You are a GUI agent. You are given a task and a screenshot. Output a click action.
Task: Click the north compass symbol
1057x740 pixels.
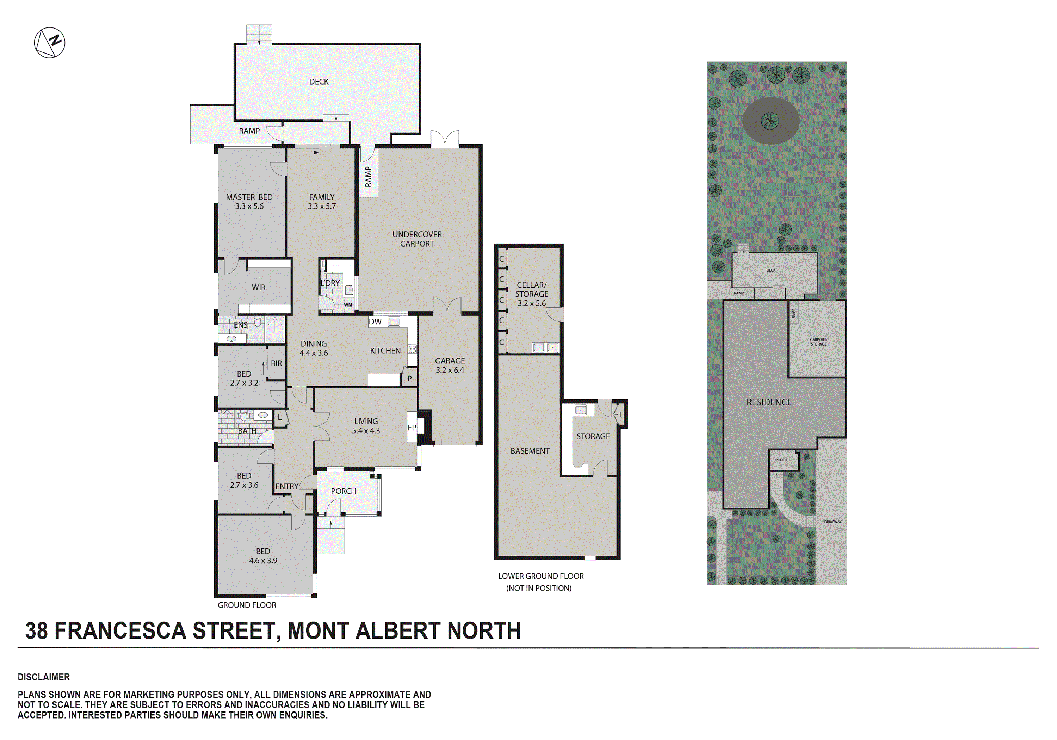(50, 43)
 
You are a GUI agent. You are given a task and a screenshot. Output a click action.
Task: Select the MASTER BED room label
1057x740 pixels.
(249, 201)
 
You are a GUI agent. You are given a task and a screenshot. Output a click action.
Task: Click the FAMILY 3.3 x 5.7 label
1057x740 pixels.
(322, 201)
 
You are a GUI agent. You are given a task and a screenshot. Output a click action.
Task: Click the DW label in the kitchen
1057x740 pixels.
(375, 322)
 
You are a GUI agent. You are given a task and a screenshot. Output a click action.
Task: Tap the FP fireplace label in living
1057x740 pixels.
(412, 428)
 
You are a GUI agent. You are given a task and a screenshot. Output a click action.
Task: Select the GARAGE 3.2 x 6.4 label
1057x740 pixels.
(450, 365)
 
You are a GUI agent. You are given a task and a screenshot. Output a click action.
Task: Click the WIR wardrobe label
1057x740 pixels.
(258, 287)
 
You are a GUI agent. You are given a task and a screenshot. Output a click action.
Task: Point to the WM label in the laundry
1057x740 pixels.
(348, 305)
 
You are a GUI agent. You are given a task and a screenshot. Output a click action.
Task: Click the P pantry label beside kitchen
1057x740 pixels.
(409, 379)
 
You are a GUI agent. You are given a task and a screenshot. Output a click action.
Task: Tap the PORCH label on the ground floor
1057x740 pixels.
(344, 491)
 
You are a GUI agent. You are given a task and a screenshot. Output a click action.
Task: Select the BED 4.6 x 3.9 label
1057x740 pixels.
(263, 555)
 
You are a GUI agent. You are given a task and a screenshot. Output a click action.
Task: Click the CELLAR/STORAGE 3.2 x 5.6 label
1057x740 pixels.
(531, 294)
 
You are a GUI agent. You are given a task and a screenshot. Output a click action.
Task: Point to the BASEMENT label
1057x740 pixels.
(530, 451)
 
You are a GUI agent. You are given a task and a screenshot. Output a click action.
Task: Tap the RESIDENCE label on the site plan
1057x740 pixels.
(769, 402)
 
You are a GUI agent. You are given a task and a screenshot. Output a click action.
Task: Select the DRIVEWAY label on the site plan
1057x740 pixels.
(832, 522)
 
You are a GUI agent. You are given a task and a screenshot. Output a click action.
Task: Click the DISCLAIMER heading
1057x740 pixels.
(44, 677)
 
